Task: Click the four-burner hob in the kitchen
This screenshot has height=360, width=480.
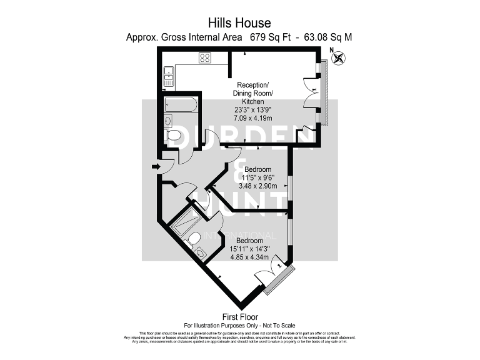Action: click(x=205, y=59)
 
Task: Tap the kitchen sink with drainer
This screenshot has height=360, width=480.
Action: click(x=169, y=77)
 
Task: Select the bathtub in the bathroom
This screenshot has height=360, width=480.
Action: click(x=181, y=104)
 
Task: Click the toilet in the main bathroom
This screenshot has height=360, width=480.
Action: click(x=174, y=136)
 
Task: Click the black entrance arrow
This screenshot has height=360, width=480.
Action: click(x=154, y=166)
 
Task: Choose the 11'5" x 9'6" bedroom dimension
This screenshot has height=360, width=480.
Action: click(x=257, y=177)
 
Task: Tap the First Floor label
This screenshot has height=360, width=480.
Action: click(x=240, y=317)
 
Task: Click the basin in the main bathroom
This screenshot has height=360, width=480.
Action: click(x=169, y=120)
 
